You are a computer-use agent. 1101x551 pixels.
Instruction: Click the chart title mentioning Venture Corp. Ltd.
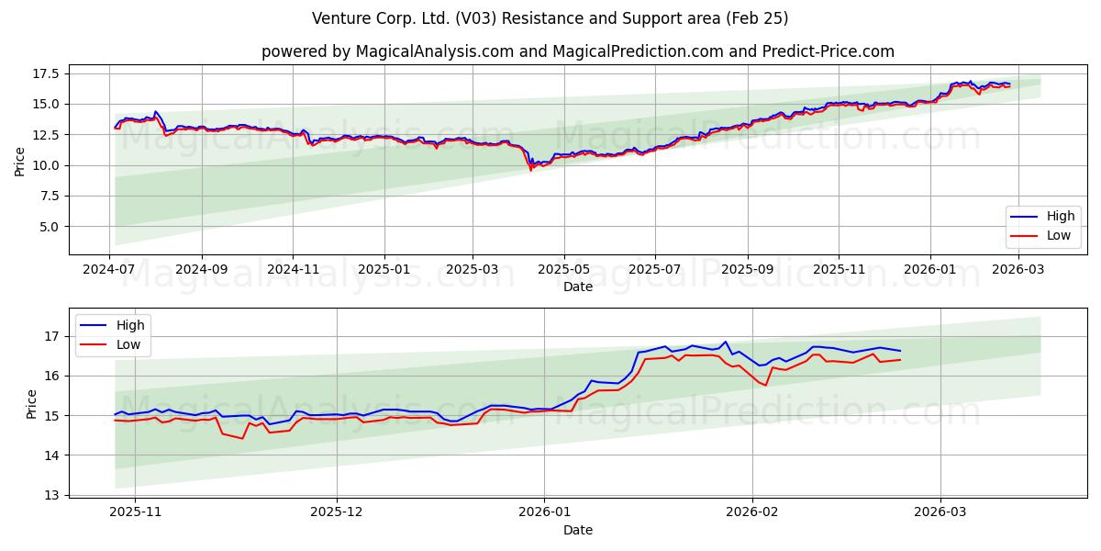(x=550, y=18)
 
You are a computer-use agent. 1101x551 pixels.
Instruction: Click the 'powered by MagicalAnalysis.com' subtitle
(x=577, y=51)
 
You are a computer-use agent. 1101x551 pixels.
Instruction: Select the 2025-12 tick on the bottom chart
(x=337, y=512)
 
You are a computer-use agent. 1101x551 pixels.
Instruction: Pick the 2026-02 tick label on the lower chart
(x=752, y=512)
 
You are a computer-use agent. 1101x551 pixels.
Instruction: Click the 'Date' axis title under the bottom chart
(x=577, y=530)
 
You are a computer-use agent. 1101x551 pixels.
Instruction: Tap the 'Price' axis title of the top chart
(x=19, y=162)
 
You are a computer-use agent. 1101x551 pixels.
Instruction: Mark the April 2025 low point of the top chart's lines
(x=530, y=170)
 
